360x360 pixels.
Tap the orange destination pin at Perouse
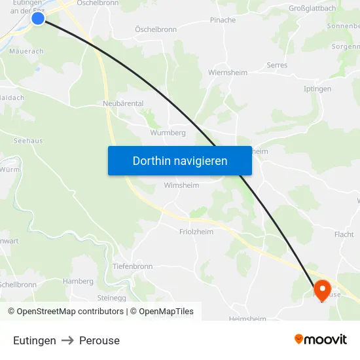point(322,289)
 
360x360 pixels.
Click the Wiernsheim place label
point(228,73)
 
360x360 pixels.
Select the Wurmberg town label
point(168,132)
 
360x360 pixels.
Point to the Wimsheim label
point(181,185)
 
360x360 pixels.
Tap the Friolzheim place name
point(196,232)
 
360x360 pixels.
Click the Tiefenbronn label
point(133,266)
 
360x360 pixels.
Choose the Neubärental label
point(123,103)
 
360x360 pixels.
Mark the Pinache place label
point(223,20)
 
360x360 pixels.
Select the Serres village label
point(277,65)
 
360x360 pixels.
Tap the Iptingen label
point(317,89)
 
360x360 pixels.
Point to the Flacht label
point(344,234)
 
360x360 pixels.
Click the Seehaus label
point(28,141)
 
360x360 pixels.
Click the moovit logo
point(320,340)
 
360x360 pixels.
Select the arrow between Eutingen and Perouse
point(67,340)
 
